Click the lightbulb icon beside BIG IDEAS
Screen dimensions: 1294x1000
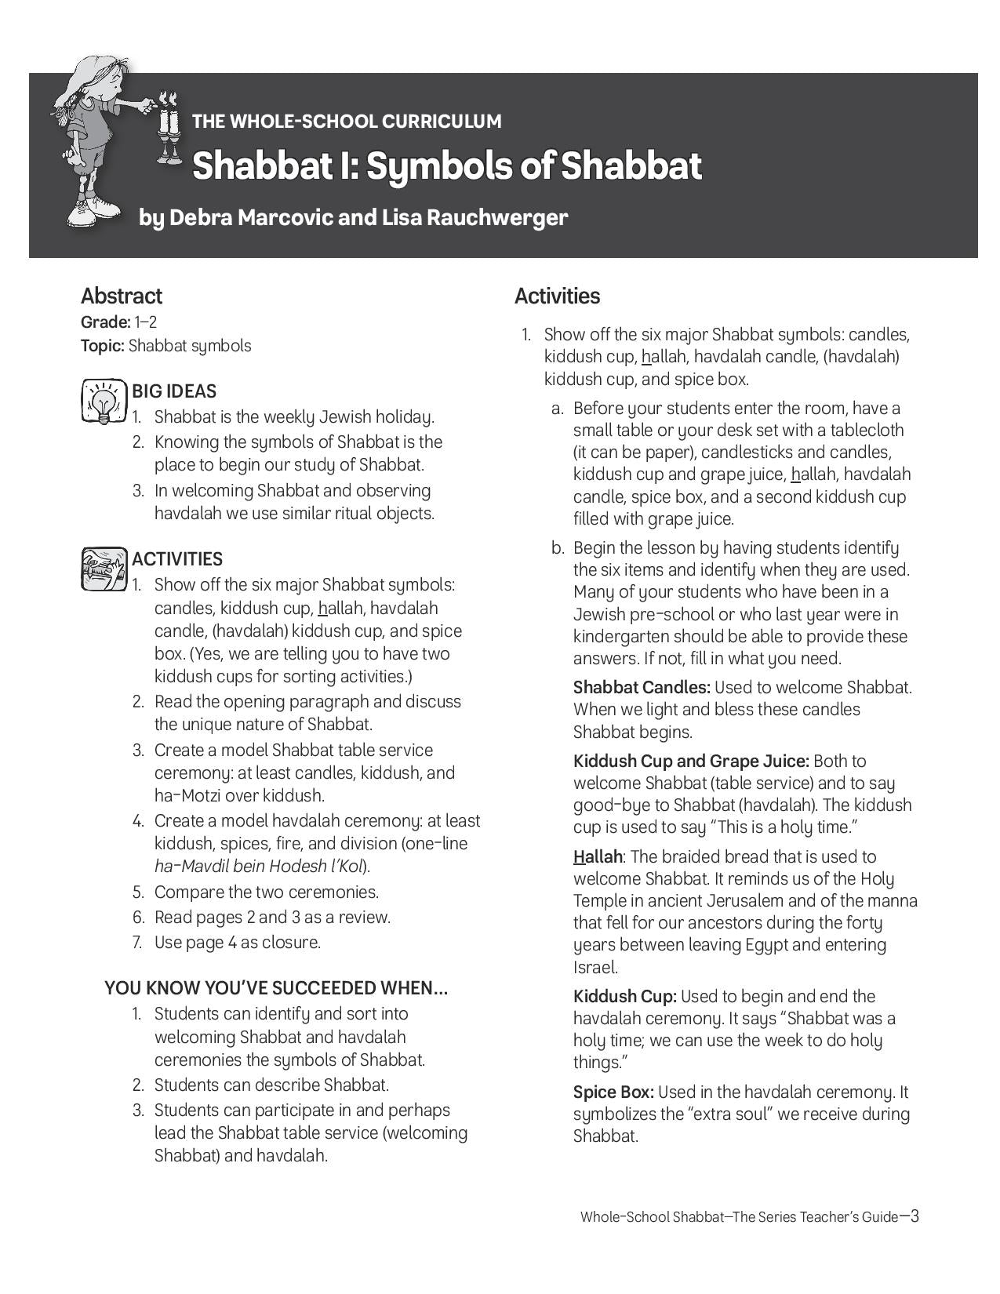point(104,401)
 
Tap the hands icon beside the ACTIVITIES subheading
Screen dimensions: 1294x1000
point(104,569)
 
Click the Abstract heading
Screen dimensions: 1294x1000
point(121,296)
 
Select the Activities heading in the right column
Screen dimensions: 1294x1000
point(557,296)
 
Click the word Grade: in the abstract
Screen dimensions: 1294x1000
point(105,322)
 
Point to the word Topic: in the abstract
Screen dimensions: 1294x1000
point(103,346)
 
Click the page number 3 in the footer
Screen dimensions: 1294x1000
point(914,1216)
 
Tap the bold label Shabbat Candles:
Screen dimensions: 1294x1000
point(642,688)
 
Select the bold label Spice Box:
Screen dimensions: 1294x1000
point(613,1092)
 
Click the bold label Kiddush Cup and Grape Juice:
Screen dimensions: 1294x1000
point(691,761)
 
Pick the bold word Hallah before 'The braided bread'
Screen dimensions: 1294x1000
point(598,856)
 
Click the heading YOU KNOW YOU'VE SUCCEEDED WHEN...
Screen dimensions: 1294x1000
point(276,988)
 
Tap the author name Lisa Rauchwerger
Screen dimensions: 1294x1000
point(474,217)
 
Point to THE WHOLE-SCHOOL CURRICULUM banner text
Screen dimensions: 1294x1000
point(347,122)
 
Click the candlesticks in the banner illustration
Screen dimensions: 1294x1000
point(167,129)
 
